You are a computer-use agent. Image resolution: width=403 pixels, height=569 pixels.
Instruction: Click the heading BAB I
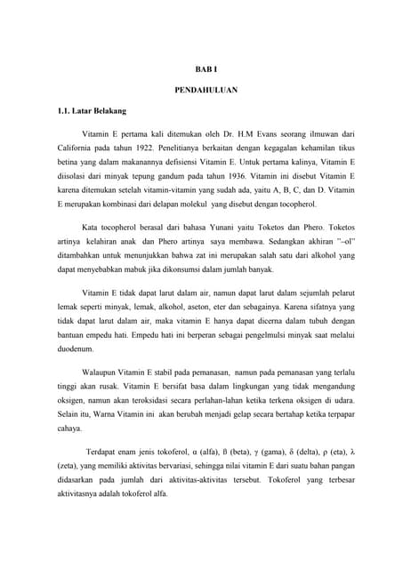(201, 70)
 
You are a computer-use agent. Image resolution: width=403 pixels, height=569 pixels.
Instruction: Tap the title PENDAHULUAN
(201, 91)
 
